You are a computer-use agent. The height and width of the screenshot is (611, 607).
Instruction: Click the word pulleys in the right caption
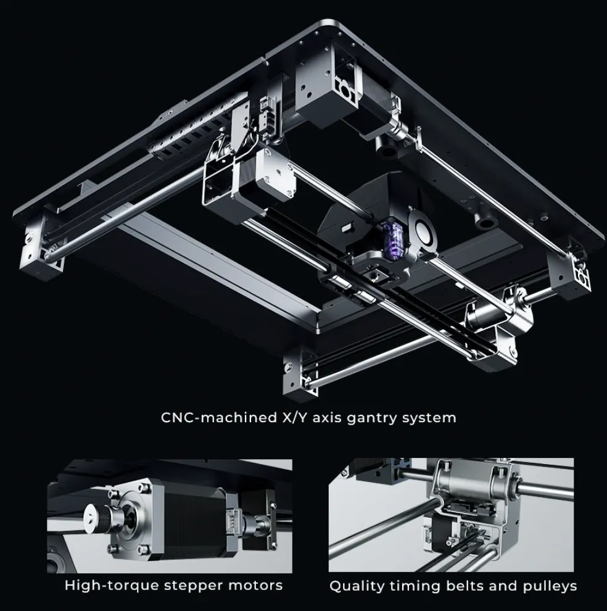(x=550, y=586)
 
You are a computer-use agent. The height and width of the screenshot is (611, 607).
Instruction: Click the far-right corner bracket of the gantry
(x=569, y=273)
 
